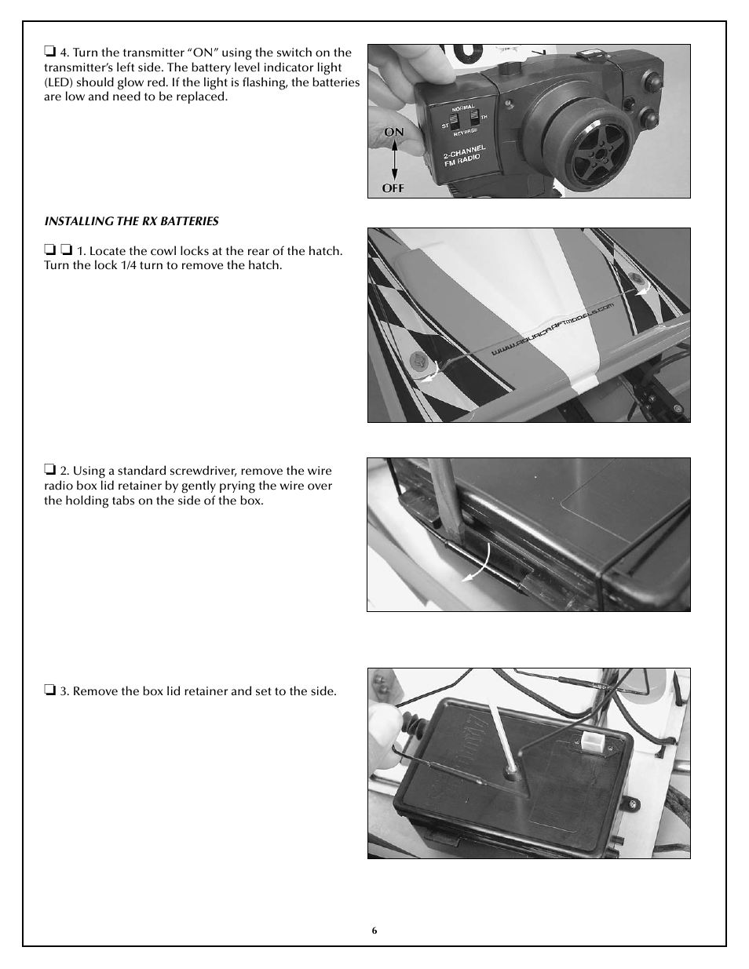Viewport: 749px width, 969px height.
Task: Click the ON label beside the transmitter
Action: point(393,132)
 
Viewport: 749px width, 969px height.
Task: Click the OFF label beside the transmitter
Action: point(393,188)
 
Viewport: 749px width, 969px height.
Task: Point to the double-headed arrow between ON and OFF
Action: point(393,160)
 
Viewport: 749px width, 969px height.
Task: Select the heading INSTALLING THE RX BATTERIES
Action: point(131,221)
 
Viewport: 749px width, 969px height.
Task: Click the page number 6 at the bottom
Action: point(374,930)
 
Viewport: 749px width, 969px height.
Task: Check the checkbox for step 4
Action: point(49,53)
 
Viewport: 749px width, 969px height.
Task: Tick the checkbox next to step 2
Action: point(49,471)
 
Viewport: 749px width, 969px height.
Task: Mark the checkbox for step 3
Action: point(49,691)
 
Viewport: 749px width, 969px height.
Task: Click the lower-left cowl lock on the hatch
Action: point(419,362)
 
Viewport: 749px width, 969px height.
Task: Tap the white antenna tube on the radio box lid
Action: point(501,738)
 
